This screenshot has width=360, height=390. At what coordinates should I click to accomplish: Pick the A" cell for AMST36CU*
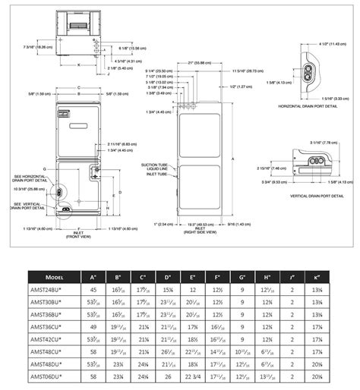(x=94, y=327)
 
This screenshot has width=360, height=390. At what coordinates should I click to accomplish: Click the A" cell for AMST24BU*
(x=94, y=290)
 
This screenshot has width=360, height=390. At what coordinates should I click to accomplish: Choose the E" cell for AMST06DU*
(x=193, y=376)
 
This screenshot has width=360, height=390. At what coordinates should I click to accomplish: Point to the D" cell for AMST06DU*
(x=168, y=376)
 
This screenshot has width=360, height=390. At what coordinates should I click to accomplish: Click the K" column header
(x=318, y=277)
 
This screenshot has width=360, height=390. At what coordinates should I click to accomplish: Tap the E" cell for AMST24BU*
(x=193, y=290)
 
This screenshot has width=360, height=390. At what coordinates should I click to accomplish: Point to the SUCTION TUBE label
(x=154, y=163)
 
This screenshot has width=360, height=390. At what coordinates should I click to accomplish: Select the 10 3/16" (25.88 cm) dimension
(x=28, y=188)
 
